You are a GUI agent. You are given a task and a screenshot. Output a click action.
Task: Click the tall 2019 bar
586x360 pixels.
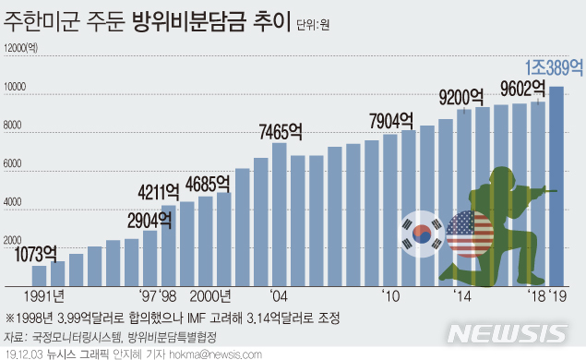(557, 185)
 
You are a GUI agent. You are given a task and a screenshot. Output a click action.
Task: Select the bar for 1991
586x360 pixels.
(39, 275)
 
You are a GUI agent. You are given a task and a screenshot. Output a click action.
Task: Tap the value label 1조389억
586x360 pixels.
(554, 67)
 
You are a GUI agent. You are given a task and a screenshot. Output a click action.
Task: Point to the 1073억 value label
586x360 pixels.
(39, 251)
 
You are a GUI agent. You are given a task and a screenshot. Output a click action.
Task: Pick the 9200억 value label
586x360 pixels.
(461, 95)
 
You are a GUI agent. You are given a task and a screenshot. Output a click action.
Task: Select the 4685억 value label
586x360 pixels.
(216, 181)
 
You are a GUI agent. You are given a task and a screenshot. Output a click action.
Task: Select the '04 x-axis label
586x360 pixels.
(279, 297)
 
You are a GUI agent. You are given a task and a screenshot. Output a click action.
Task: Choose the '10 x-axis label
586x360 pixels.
(390, 297)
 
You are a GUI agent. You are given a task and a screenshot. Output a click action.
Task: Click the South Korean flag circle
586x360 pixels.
(423, 232)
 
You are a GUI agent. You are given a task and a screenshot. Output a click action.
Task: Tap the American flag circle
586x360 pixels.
(470, 234)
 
